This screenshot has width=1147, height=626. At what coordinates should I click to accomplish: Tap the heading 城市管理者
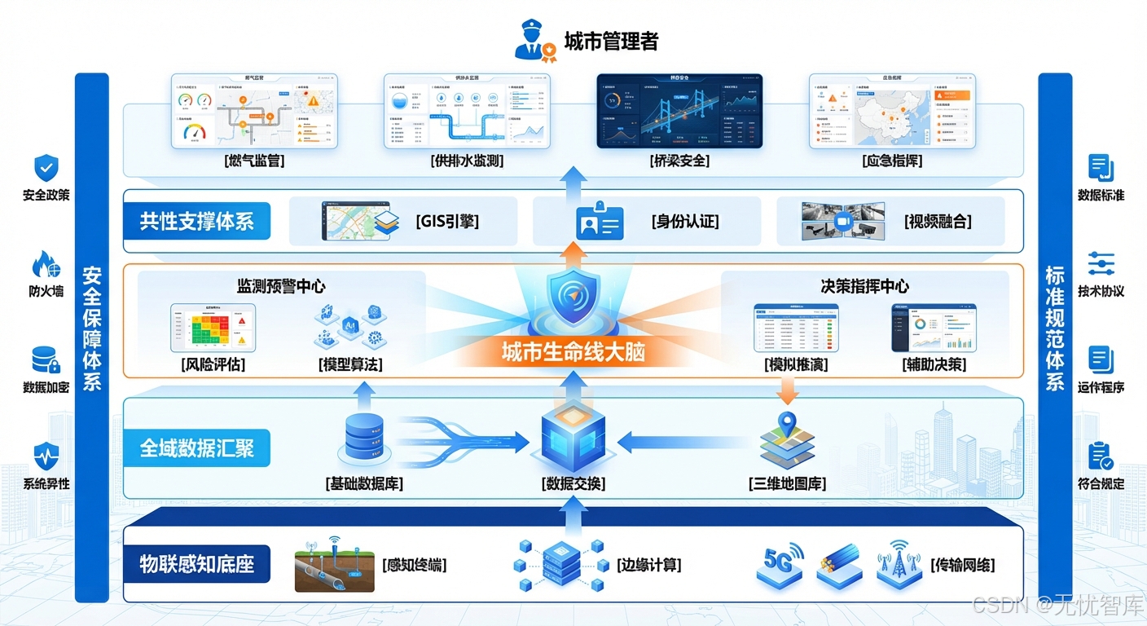pyautogui.click(x=611, y=41)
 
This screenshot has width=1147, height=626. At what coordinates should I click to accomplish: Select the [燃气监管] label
pyautogui.click(x=254, y=161)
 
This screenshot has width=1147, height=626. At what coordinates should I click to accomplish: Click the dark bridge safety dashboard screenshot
pyautogui.click(x=679, y=111)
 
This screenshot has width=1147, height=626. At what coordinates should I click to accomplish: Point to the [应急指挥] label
pyautogui.click(x=891, y=161)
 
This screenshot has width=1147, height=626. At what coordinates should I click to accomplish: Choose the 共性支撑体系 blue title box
pyautogui.click(x=196, y=221)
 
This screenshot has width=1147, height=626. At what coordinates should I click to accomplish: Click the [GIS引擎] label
pyautogui.click(x=446, y=221)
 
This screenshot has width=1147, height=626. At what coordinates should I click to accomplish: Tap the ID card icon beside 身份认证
pyautogui.click(x=600, y=222)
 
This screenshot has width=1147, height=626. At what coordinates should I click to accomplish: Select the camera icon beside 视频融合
pyautogui.click(x=844, y=222)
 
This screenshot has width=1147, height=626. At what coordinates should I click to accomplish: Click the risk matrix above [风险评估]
pyautogui.click(x=213, y=328)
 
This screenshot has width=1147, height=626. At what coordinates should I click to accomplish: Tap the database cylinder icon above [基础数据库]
pyautogui.click(x=363, y=437)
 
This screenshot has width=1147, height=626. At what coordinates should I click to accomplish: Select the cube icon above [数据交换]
pyautogui.click(x=573, y=437)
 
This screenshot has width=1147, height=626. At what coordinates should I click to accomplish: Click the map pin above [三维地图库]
pyautogui.click(x=787, y=424)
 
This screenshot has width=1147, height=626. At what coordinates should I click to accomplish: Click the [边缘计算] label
pyautogui.click(x=648, y=565)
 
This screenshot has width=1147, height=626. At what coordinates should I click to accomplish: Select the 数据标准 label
pyautogui.click(x=1101, y=196)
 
